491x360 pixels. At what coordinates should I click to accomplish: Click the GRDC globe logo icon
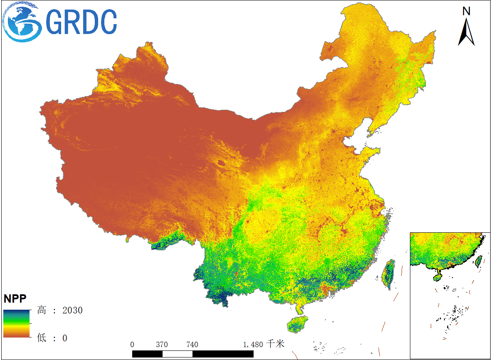22,22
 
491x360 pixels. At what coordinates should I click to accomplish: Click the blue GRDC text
81,22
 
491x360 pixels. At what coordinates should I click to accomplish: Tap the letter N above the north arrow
466,11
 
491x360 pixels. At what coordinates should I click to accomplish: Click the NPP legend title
15,298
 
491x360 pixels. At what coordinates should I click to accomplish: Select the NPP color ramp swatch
17,323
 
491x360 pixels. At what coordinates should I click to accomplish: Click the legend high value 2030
72,311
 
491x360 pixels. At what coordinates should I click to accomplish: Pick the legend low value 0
64,338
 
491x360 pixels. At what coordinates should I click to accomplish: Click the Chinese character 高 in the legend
42,311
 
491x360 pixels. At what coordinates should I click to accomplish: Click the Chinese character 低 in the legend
42,338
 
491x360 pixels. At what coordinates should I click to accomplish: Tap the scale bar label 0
132,345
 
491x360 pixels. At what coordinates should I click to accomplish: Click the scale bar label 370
162,345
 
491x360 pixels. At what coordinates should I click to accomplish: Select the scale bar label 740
192,345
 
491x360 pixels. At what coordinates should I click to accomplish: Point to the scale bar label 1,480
253,345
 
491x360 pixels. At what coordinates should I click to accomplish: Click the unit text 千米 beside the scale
275,344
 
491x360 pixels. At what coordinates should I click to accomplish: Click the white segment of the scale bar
177,354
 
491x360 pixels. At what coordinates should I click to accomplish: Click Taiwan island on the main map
389,274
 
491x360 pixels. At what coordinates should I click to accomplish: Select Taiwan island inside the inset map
478,261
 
